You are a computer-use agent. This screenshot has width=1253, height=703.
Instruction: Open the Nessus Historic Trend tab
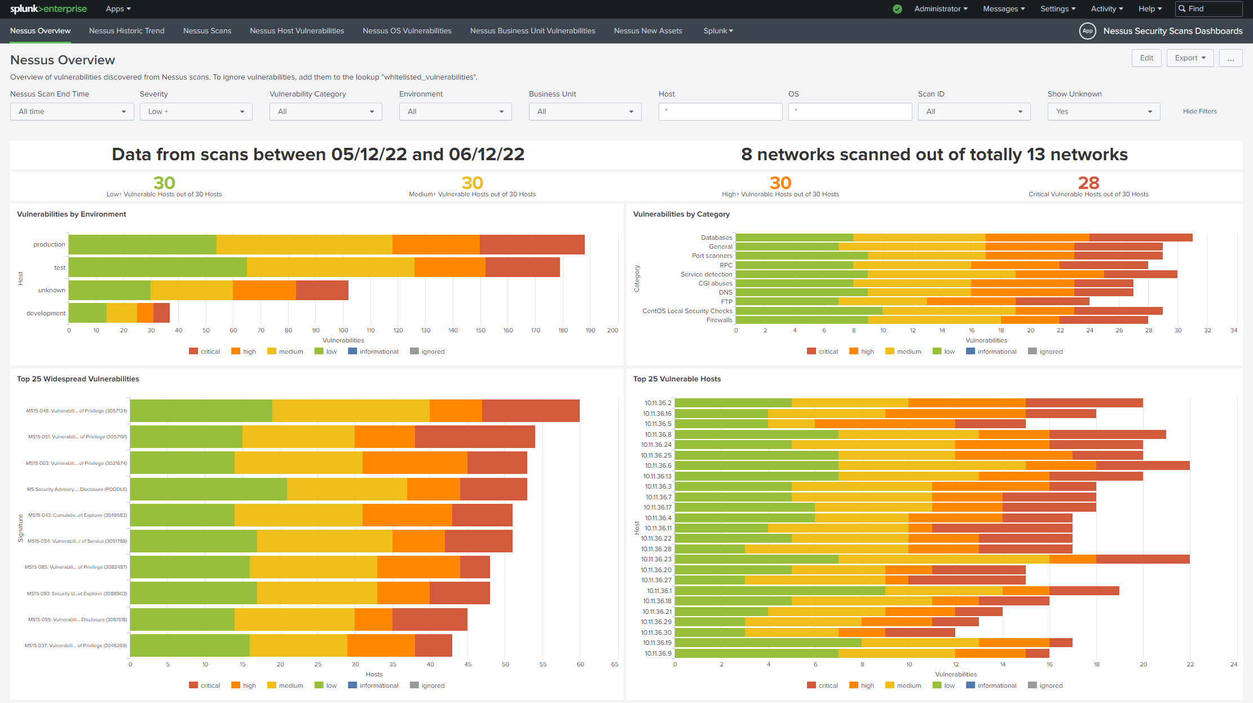126,31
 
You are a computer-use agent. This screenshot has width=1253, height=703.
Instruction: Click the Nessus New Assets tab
647,31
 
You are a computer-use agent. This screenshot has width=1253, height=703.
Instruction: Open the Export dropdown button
1190,58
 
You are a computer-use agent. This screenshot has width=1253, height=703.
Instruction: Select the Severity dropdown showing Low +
196,112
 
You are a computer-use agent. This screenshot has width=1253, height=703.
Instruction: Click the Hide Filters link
1199,112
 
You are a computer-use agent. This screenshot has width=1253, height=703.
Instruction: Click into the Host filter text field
720,112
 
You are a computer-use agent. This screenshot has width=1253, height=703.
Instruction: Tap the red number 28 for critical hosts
1088,183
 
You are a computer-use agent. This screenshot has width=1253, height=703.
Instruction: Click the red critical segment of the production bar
532,244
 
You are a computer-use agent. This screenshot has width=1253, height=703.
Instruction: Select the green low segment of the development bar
87,313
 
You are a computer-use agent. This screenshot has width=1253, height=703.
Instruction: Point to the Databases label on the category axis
716,238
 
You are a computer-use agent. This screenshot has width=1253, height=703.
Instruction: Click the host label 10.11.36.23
656,559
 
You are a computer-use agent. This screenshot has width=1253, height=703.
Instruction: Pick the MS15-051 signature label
77,437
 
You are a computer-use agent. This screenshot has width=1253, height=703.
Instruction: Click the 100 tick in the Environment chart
343,331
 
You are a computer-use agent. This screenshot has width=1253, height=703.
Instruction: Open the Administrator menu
940,9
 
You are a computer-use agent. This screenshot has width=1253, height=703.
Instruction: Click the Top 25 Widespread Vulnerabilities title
78,379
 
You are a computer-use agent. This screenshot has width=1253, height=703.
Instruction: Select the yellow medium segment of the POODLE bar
347,489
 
